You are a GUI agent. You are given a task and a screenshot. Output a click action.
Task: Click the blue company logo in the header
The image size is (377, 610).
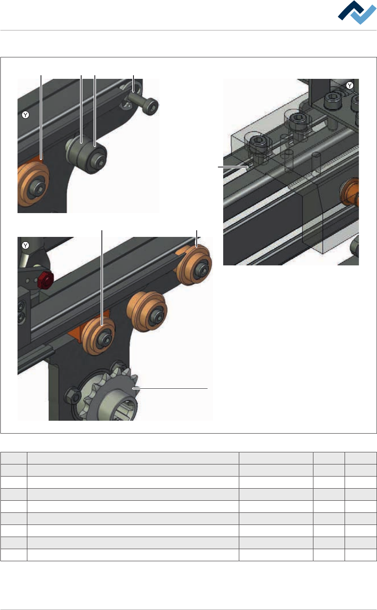tap(357, 12)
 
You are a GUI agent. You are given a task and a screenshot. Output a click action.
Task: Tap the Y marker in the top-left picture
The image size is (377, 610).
tap(25, 115)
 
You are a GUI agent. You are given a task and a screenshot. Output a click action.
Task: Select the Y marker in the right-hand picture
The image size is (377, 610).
tap(350, 85)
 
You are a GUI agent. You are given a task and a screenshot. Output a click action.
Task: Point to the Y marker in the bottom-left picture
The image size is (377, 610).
tap(25, 245)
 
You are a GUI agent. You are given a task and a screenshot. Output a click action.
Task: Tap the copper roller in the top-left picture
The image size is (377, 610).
tap(33, 184)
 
